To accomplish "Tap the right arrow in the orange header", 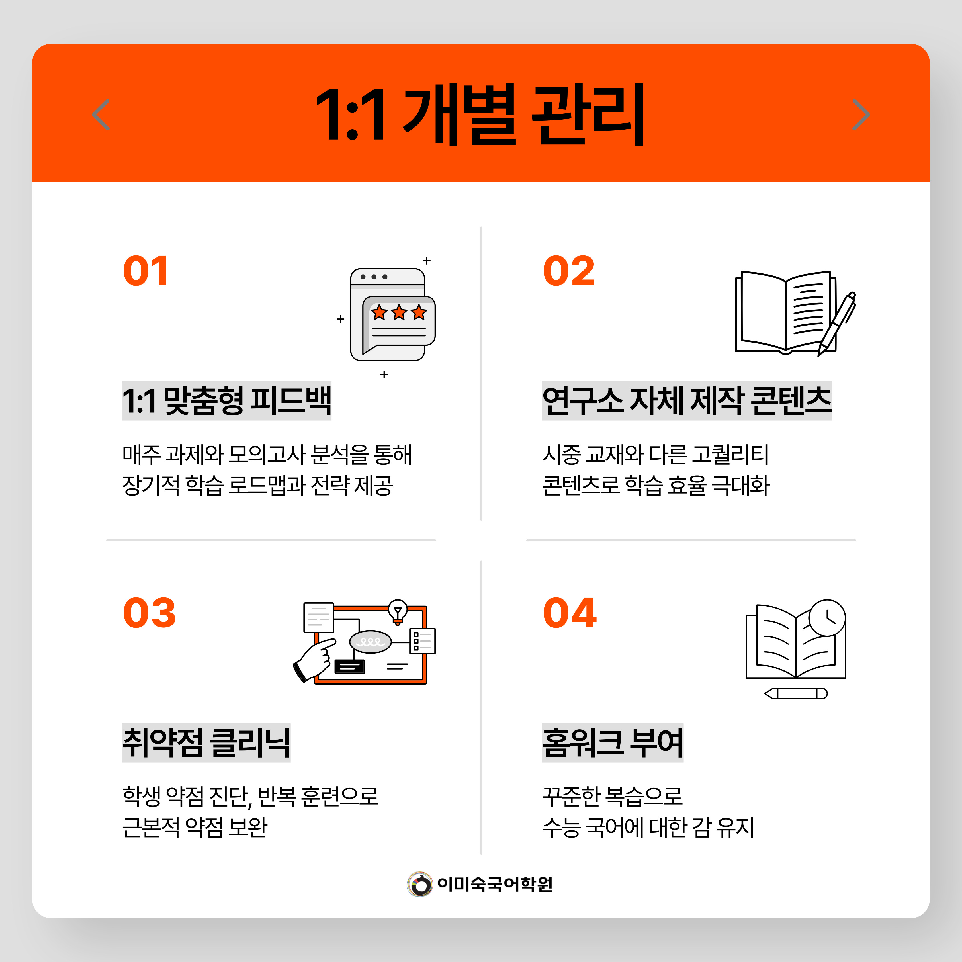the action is click(x=861, y=114).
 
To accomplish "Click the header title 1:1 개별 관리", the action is click(x=480, y=114).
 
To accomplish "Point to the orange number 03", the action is click(x=150, y=613).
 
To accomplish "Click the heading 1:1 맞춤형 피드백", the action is click(x=227, y=401).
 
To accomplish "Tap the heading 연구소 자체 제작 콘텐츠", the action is click(x=687, y=401).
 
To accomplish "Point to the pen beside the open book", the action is click(x=836, y=324).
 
